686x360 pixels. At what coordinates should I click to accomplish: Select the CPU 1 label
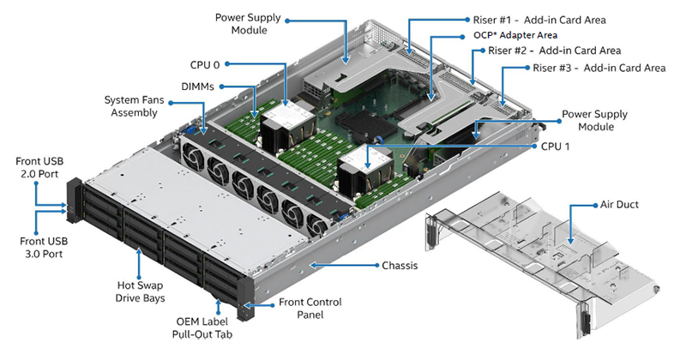558,146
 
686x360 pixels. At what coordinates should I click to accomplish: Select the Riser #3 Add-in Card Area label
599,67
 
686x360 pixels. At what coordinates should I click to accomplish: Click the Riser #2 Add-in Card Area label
555,51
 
